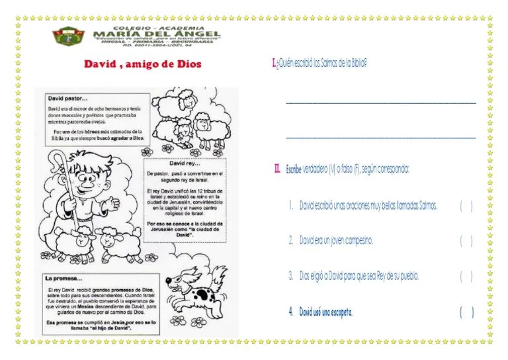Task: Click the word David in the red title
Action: click(99, 65)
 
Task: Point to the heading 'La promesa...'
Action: click(64, 279)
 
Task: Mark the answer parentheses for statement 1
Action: click(466, 206)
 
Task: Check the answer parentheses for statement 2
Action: click(466, 241)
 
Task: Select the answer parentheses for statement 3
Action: click(466, 276)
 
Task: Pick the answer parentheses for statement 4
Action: click(466, 312)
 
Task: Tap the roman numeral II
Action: click(278, 169)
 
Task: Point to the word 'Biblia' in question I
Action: click(357, 64)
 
